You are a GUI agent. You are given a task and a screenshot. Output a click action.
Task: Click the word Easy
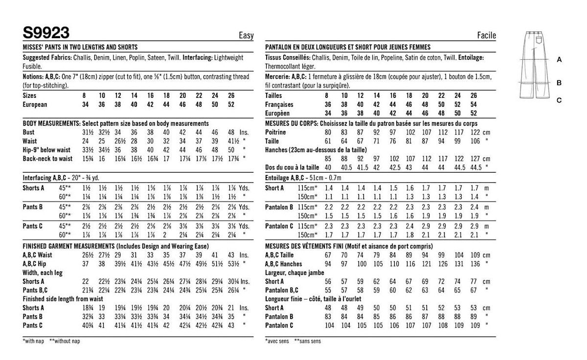coord(246,35)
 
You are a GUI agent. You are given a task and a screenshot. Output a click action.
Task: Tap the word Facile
coord(486,35)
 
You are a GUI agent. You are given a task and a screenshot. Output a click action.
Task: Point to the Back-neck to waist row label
coord(47,158)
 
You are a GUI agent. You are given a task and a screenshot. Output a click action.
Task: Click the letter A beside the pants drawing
coord(559,59)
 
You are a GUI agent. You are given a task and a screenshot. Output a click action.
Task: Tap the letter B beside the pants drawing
coord(559,83)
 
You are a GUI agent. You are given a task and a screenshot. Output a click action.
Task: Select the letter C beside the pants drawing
coord(559,100)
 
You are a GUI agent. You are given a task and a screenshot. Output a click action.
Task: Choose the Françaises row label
coord(279,105)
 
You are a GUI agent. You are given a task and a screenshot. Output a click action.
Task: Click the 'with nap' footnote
coord(34,340)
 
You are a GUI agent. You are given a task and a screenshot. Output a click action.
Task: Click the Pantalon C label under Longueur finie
coord(279,325)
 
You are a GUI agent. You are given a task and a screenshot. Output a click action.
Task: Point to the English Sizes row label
coord(30,96)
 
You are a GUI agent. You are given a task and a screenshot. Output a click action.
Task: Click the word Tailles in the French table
coord(275,96)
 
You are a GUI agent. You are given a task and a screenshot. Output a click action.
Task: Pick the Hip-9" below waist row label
coord(46,150)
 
